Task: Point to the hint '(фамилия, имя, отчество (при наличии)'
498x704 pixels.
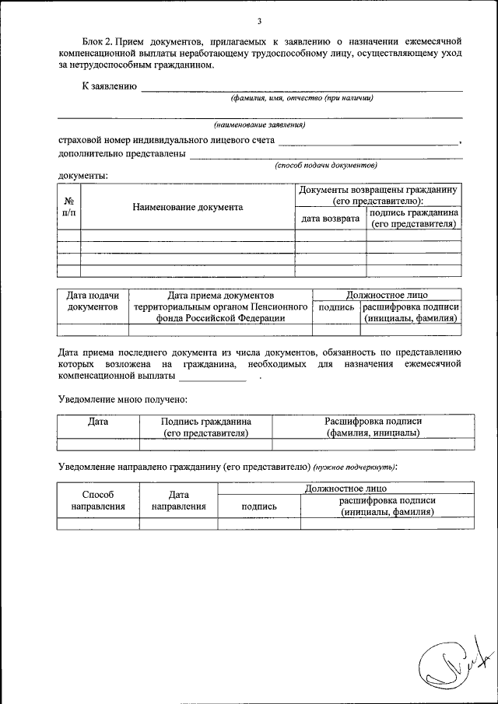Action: pyautogui.click(x=301, y=98)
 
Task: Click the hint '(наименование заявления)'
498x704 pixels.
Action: pyautogui.click(x=260, y=124)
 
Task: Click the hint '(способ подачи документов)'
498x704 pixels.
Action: pyautogui.click(x=326, y=165)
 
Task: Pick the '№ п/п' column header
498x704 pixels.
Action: pyautogui.click(x=68, y=206)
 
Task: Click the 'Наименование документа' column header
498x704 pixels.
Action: pyautogui.click(x=188, y=207)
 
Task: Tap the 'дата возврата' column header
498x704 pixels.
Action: pyautogui.click(x=330, y=219)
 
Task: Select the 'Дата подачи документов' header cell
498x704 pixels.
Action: pyautogui.click(x=93, y=301)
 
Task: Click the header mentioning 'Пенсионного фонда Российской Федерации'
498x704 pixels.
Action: pyautogui.click(x=220, y=306)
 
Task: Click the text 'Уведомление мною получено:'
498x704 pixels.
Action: pyautogui.click(x=123, y=399)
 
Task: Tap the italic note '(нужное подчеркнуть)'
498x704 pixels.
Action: pyautogui.click(x=355, y=467)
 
